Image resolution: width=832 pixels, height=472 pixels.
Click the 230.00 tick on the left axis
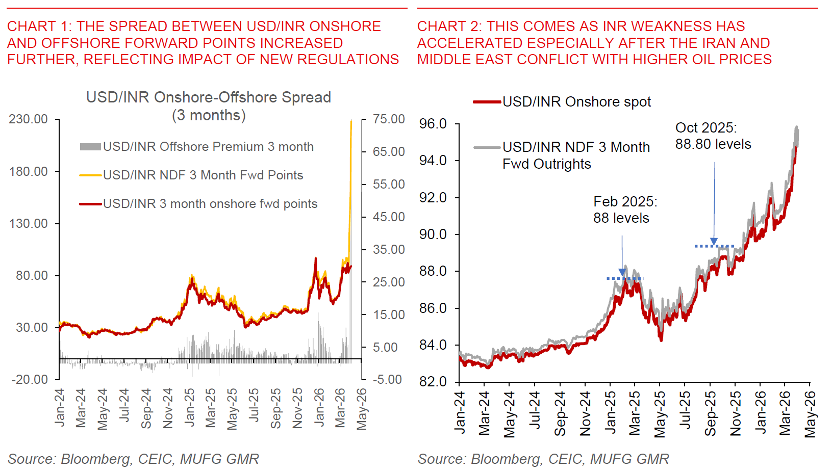coord(29,119)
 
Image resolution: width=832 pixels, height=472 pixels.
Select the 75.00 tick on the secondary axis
coord(389,119)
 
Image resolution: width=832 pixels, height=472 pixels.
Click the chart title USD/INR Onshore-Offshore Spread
coord(209,97)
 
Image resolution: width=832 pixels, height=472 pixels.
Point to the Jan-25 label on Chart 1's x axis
coord(190,407)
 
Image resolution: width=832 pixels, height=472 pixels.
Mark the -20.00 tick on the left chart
coord(29,380)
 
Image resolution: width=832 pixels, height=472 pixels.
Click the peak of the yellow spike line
coord(351,121)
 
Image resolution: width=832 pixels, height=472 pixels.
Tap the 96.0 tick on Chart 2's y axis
coord(433,124)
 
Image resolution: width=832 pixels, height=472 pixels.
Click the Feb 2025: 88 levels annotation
coord(625,210)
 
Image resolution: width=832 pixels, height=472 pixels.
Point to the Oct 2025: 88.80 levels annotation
coord(713,136)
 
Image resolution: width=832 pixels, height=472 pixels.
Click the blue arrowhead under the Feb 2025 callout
coord(622,272)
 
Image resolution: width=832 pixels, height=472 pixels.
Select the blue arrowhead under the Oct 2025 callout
coord(714,242)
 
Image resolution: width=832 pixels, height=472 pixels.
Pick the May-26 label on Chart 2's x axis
coord(810,414)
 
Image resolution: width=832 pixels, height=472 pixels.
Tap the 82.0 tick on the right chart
coord(433,382)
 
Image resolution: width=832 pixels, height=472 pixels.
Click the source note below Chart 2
coord(543,459)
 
